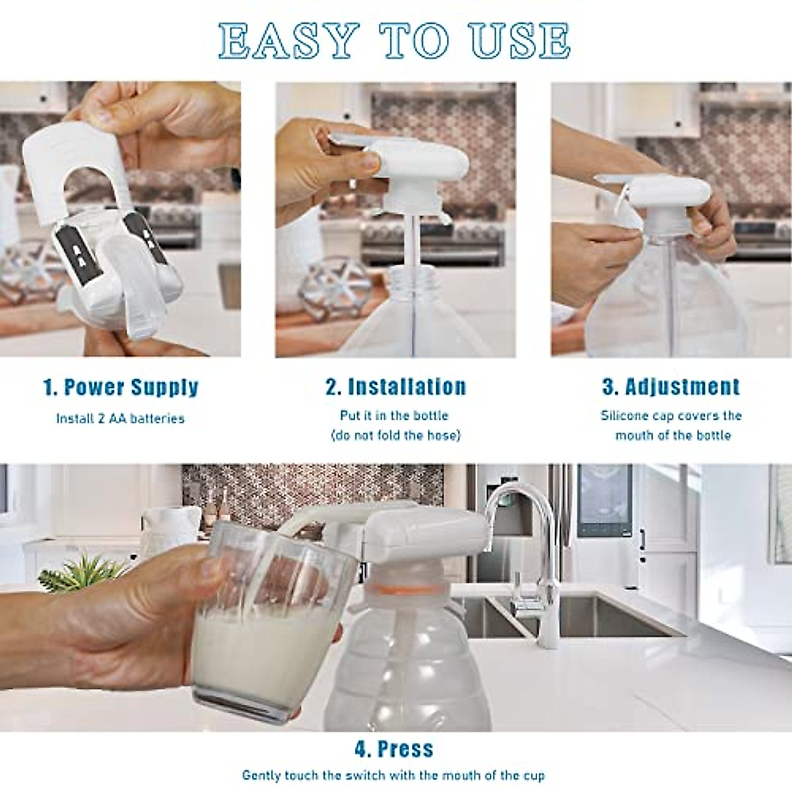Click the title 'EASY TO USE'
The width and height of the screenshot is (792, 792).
point(395,41)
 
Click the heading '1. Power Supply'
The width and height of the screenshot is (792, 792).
point(121,387)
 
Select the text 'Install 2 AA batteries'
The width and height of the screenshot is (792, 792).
point(120,418)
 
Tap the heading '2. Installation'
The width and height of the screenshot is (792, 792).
point(395,387)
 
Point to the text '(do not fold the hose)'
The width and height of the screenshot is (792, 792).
point(395,436)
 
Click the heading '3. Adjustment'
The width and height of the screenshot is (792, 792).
point(671,387)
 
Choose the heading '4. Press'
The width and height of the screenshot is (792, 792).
point(394,749)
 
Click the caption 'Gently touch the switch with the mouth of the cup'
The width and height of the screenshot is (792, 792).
point(393,775)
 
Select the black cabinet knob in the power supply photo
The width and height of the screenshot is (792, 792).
point(44,100)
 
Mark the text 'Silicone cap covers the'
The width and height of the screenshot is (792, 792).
point(671,416)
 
